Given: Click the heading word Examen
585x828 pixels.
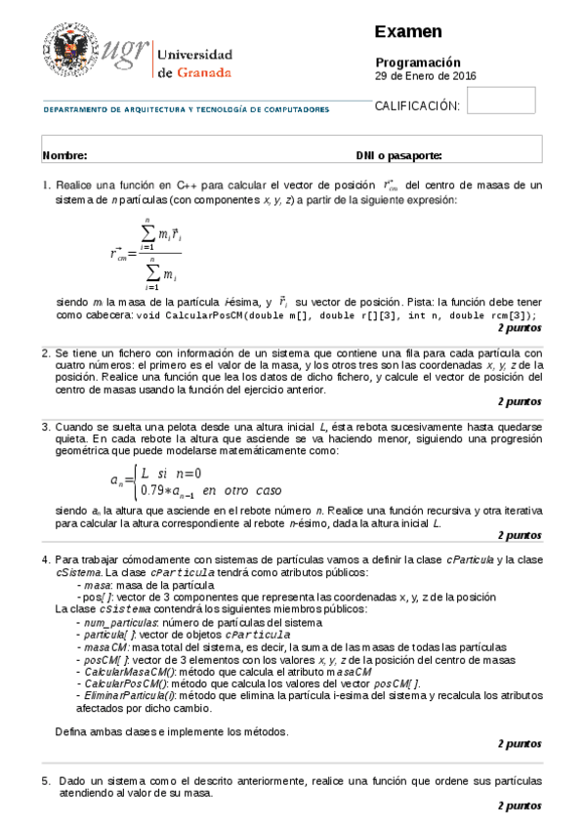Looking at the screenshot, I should click(408, 32).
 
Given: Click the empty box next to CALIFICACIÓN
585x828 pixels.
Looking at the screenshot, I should click(502, 101).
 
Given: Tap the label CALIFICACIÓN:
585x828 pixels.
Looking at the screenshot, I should click(417, 105).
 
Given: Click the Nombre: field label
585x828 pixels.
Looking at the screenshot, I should click(65, 155).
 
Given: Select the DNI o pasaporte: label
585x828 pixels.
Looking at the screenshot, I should click(398, 155).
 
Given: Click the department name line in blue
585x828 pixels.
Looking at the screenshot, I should click(186, 109).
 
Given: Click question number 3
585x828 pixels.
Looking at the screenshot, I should click(46, 427).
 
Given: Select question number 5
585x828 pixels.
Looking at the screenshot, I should click(46, 781).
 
